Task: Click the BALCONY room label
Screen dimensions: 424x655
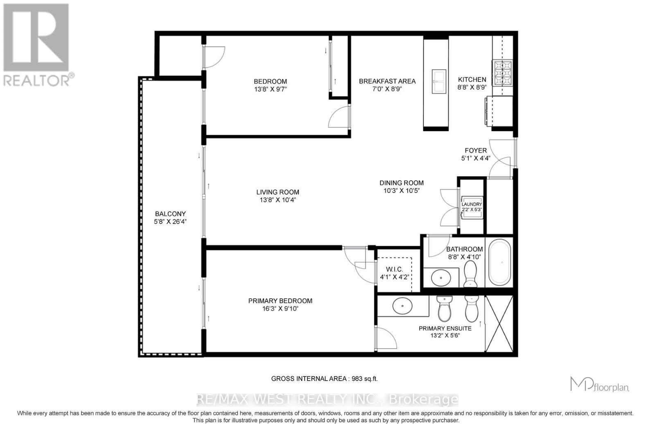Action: tap(170, 214)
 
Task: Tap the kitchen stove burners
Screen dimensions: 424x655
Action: tap(502, 73)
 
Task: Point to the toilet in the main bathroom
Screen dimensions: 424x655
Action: tap(470, 274)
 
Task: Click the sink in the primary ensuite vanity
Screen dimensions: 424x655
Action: tap(402, 306)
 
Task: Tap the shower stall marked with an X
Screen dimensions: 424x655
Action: tap(499, 324)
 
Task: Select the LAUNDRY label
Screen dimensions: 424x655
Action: tap(472, 204)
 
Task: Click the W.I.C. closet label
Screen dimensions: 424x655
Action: tap(394, 269)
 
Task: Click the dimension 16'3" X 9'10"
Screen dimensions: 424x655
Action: tap(280, 308)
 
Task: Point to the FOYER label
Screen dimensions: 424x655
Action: tap(475, 150)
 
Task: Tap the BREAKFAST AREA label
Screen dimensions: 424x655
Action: tap(387, 81)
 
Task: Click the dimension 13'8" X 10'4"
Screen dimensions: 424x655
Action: tap(278, 200)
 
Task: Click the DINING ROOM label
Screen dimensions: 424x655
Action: tap(401, 183)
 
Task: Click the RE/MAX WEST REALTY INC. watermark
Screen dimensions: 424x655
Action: tap(327, 399)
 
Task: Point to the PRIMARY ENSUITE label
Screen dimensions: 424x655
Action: tap(445, 328)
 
